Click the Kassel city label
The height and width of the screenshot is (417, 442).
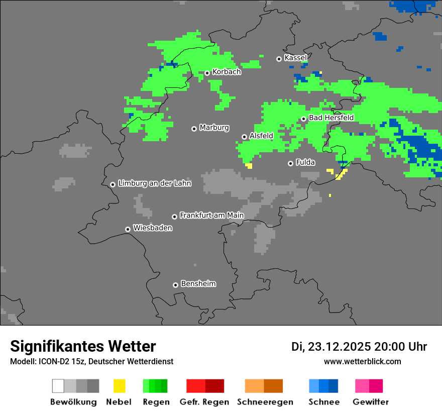(x=295, y=58)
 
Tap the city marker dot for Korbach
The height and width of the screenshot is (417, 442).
(x=207, y=73)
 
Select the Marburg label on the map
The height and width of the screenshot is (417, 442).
(x=214, y=128)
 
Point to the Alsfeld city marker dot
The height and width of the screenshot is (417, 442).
(x=244, y=137)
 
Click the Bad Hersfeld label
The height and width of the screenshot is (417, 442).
(x=331, y=118)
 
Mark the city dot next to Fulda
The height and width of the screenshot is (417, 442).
(x=290, y=163)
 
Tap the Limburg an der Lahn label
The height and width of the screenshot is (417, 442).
(x=154, y=183)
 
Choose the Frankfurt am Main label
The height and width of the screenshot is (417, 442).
(x=211, y=216)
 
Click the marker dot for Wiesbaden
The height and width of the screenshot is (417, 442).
(x=128, y=229)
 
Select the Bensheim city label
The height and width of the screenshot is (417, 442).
(x=198, y=284)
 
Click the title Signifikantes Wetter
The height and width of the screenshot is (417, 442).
(x=83, y=346)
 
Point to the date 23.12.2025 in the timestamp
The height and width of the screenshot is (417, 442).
(x=339, y=347)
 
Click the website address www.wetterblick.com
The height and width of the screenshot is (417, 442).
(x=362, y=361)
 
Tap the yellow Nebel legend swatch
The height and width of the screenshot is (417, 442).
(x=119, y=386)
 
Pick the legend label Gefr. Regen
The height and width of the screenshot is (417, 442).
(x=204, y=402)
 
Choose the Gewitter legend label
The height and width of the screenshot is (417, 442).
(x=371, y=402)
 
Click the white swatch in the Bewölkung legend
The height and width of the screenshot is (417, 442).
(x=58, y=386)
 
